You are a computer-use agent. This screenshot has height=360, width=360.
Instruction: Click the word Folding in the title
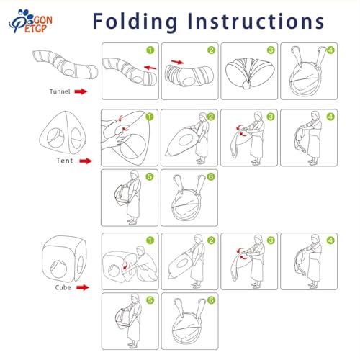(135, 22)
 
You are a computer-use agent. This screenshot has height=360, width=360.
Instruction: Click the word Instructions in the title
(256, 21)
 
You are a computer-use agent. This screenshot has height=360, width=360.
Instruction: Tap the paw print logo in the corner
(30, 21)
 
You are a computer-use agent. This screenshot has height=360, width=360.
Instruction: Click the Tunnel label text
(60, 91)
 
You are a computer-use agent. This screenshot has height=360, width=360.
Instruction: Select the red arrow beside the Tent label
(86, 161)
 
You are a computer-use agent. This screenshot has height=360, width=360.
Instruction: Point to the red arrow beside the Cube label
(83, 287)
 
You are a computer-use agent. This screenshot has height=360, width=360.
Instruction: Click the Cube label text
(63, 287)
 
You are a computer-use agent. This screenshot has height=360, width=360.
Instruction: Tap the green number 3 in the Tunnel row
(271, 50)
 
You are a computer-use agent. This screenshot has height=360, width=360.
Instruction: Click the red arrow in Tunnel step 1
(150, 67)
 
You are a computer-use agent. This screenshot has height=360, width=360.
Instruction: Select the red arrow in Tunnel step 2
(178, 62)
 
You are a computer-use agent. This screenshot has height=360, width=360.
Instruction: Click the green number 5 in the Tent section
(150, 176)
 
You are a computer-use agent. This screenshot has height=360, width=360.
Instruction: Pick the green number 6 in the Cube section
(211, 300)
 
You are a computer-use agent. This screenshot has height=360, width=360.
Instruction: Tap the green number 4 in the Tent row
(330, 117)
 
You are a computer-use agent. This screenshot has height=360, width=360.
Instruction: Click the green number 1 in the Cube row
(150, 240)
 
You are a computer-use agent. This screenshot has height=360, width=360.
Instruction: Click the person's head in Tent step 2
(203, 117)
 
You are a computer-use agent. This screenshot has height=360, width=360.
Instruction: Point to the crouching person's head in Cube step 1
(140, 251)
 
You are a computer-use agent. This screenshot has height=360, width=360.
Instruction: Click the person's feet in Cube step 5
(132, 345)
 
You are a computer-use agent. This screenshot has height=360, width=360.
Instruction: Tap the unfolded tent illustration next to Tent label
(63, 134)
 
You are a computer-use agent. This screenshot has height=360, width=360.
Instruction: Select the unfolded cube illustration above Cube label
(64, 258)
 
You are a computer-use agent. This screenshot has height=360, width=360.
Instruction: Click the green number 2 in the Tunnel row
(211, 50)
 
